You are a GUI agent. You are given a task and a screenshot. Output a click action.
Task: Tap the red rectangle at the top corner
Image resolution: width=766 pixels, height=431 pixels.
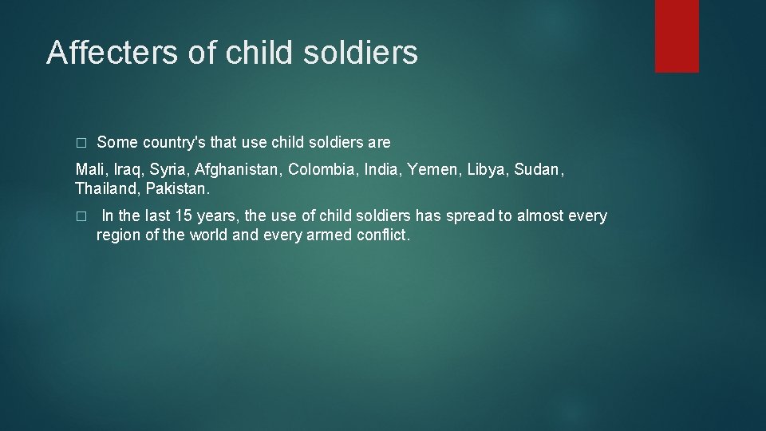coord(677,36)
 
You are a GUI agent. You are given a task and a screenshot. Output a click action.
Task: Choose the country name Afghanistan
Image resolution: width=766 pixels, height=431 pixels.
coord(238,169)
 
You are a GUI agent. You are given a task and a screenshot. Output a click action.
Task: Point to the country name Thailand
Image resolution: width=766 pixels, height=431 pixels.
coord(107,190)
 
